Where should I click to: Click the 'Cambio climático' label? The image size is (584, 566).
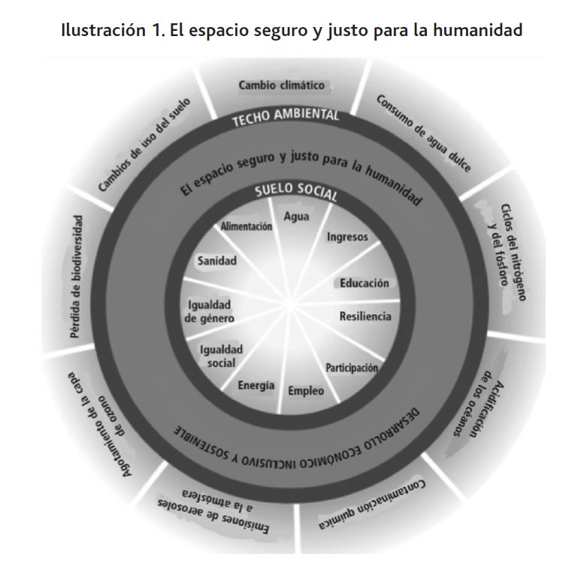pyautogui.click(x=282, y=85)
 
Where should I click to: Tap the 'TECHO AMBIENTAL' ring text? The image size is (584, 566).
pyautogui.click(x=286, y=117)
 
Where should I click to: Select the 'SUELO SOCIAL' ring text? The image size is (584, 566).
pyautogui.click(x=296, y=191)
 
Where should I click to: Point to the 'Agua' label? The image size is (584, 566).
pyautogui.click(x=296, y=216)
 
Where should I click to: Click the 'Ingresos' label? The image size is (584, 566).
pyautogui.click(x=347, y=238)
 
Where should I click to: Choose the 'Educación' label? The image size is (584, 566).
pyautogui.click(x=365, y=283)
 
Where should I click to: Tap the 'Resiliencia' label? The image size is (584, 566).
pyautogui.click(x=365, y=316)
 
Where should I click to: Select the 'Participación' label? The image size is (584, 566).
pyautogui.click(x=352, y=368)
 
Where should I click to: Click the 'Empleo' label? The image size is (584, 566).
pyautogui.click(x=306, y=391)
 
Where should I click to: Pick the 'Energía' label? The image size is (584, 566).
pyautogui.click(x=256, y=386)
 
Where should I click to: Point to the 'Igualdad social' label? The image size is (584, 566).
pyautogui.click(x=221, y=356)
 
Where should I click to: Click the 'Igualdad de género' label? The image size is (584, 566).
pyautogui.click(x=210, y=311)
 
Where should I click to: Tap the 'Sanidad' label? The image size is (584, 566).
pyautogui.click(x=217, y=261)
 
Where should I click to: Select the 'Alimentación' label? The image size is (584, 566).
pyautogui.click(x=247, y=226)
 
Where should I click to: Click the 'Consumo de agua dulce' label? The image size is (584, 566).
pyautogui.click(x=424, y=133)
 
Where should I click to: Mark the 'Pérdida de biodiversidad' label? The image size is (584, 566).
pyautogui.click(x=76, y=277)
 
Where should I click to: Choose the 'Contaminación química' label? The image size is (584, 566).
pyautogui.click(x=372, y=504)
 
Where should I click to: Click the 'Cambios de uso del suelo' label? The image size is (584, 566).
pyautogui.click(x=144, y=145)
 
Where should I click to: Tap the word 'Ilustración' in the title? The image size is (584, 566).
pyautogui.click(x=104, y=30)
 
